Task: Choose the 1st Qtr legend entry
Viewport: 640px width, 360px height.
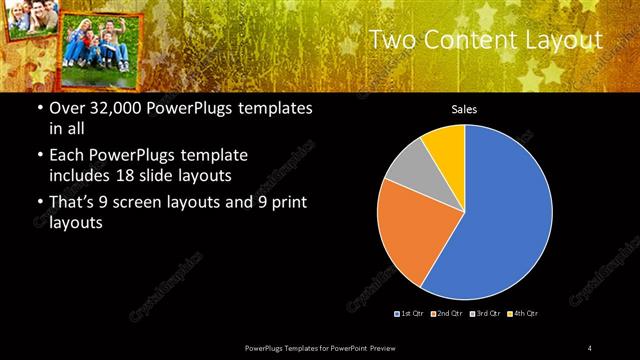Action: click(412, 314)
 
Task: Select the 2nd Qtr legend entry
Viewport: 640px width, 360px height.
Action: click(448, 314)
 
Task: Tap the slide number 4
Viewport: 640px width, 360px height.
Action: click(590, 347)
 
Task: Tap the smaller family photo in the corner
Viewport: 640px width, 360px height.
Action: click(28, 20)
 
